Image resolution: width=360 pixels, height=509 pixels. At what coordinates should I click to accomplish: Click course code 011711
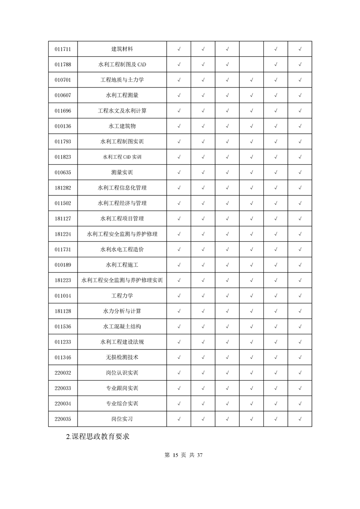pos(63,49)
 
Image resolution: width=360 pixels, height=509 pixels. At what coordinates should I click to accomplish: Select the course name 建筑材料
pos(122,49)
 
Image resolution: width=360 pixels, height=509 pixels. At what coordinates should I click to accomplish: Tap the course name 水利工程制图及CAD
pos(122,64)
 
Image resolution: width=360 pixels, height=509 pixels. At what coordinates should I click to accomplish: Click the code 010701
pos(63,80)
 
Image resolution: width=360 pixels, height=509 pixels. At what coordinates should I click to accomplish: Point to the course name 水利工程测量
pos(122,95)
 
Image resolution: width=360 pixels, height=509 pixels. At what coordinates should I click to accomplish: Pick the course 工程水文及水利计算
pos(122,111)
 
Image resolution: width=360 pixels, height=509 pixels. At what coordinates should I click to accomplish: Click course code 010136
pos(63,126)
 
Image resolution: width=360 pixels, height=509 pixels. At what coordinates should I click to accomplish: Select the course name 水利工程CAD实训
pos(122,157)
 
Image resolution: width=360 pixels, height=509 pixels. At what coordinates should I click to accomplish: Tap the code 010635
pos(63,172)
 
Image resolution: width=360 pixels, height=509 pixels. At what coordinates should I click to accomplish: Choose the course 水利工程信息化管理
pos(122,188)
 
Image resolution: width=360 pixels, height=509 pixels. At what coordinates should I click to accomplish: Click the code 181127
pos(63,219)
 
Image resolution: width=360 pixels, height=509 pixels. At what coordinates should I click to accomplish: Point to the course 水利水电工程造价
pos(122,250)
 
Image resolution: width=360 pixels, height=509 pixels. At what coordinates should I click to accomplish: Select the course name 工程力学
pos(122,296)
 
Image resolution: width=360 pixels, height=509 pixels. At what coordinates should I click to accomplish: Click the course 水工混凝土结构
pos(122,327)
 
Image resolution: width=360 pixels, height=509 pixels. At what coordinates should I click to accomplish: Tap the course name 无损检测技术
pos(122,357)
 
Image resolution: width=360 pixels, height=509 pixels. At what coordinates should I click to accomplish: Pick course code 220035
pos(63,419)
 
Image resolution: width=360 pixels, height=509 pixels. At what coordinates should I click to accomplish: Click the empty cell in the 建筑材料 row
pos(251,49)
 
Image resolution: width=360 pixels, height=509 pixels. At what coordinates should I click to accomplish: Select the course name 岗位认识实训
pos(122,373)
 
